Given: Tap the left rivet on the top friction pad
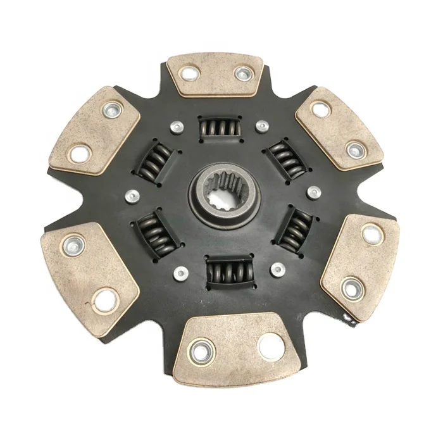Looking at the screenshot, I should click(189, 74).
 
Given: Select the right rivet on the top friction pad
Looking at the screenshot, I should click(242, 74).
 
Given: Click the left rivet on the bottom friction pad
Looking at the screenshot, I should click(201, 348).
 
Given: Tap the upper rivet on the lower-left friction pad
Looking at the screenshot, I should click(74, 242).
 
